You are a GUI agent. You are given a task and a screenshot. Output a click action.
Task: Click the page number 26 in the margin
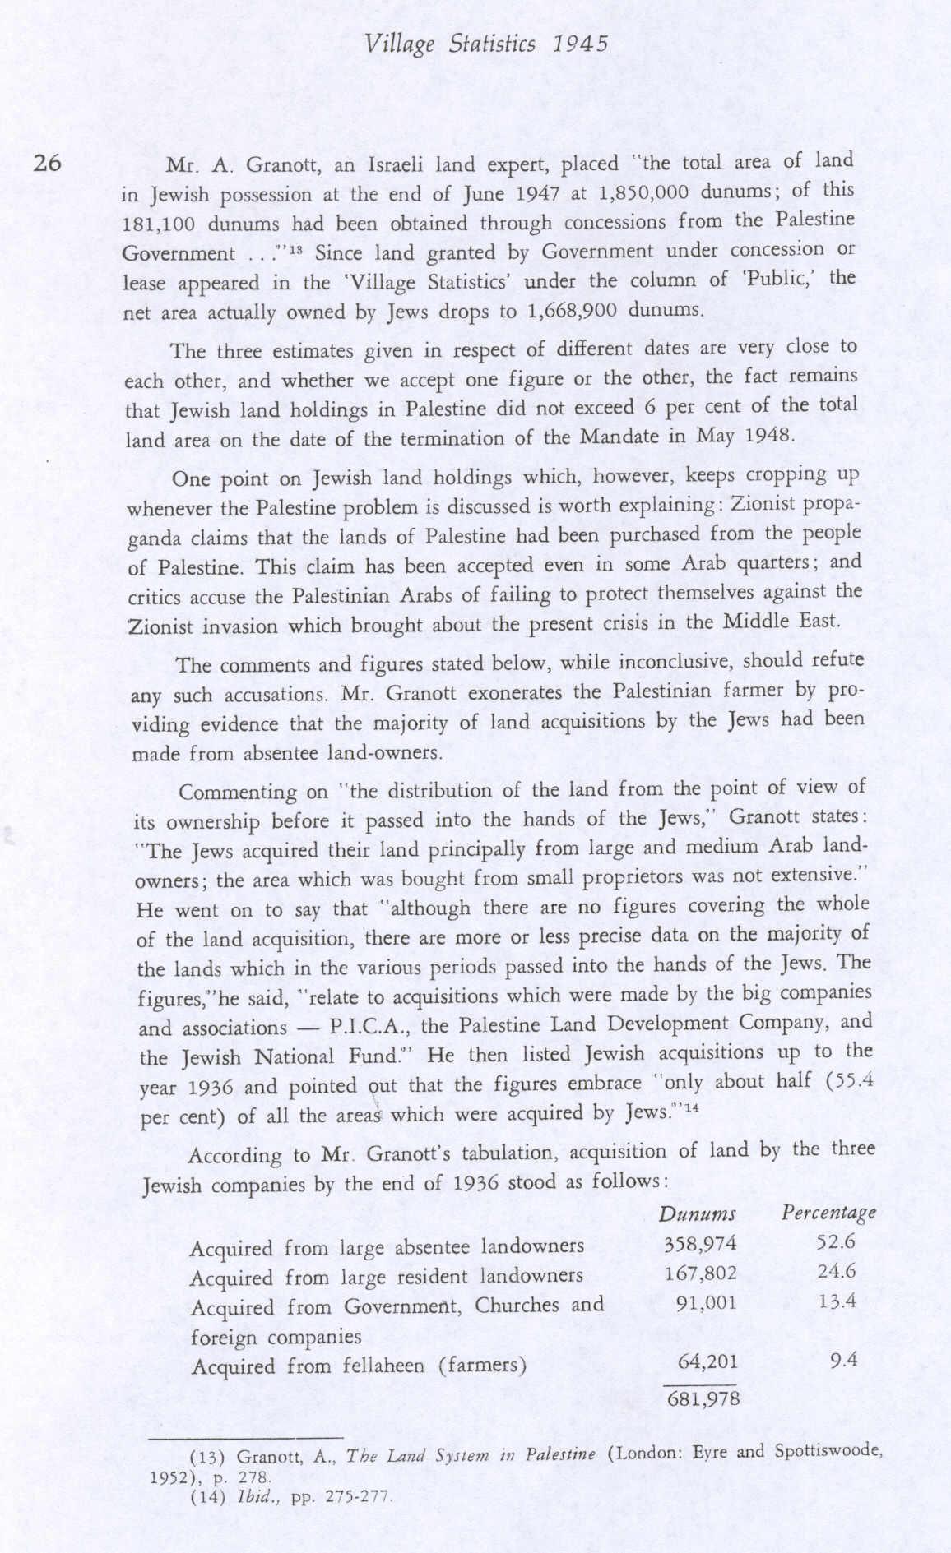[47, 163]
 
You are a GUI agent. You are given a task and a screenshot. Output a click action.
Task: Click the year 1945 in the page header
[581, 44]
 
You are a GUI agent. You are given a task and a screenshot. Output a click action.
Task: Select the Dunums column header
[698, 1214]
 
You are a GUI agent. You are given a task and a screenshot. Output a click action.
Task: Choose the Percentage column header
[828, 1213]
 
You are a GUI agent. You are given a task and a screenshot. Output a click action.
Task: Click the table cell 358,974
[700, 1244]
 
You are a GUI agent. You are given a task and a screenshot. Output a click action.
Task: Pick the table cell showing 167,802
[701, 1274]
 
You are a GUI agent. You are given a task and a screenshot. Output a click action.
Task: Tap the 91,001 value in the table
[706, 1303]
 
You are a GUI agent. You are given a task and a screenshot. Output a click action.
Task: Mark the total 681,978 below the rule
[703, 1398]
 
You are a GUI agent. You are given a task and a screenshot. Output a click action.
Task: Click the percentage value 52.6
[837, 1242]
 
